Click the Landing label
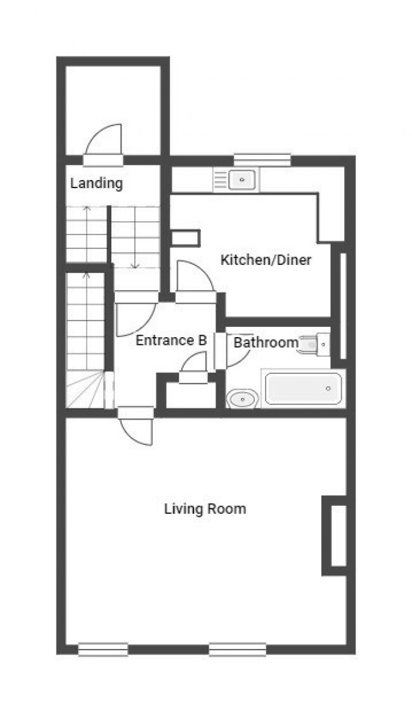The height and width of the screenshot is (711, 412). [96, 184]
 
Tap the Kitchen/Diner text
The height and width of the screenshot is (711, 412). [266, 260]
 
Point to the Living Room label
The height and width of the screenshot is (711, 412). [205, 509]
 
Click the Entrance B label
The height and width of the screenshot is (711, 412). [172, 340]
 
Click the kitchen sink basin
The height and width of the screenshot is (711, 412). [242, 179]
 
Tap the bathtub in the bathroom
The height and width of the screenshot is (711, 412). [304, 388]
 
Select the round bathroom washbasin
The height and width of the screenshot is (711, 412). [243, 399]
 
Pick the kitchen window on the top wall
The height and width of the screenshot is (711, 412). [262, 160]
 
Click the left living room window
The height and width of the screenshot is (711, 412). [103, 650]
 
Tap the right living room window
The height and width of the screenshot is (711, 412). [237, 650]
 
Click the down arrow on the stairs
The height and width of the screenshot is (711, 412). [134, 238]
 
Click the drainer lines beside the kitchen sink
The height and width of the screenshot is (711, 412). [220, 179]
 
